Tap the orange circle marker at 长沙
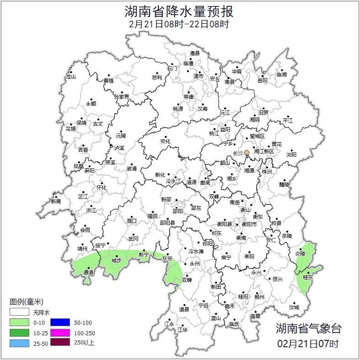point(247,152)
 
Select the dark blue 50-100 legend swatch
point(59,322)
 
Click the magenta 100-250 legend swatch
point(59,333)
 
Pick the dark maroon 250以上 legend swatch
point(59,342)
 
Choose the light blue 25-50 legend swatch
point(19,342)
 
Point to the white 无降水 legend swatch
point(19,312)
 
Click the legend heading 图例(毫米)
point(26,302)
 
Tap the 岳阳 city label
point(262,81)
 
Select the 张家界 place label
point(121,97)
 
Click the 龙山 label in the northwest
point(70,77)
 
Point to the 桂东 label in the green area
point(308,278)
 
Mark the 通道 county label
point(88,273)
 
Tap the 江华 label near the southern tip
point(183,329)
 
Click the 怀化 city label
point(101,188)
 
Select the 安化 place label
point(165,141)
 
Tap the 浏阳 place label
point(291,155)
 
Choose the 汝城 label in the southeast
point(294,307)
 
